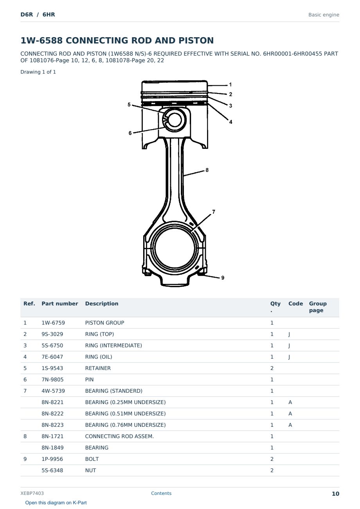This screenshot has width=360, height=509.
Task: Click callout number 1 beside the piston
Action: [x=230, y=85]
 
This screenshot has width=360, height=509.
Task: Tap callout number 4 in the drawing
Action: [x=230, y=122]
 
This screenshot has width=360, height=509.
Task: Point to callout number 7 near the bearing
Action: [x=214, y=212]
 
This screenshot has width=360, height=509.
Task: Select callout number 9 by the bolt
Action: [x=223, y=278]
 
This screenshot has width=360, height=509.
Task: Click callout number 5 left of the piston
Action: [x=129, y=105]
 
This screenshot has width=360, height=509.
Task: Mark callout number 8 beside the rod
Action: [x=207, y=170]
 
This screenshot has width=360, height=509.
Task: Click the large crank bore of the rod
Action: [x=175, y=248]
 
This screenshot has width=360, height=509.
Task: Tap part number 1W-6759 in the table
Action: [x=53, y=323]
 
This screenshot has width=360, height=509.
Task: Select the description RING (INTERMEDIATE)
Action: [x=113, y=345]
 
